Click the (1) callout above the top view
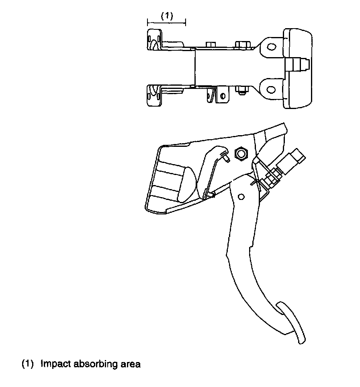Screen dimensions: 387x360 pyautogui.click(x=167, y=16)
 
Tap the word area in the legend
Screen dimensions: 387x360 pyautogui.click(x=130, y=364)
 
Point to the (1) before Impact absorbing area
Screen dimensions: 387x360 pyautogui.click(x=28, y=364)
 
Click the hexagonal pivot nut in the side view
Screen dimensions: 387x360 pyautogui.click(x=241, y=153)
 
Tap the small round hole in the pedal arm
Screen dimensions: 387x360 pyautogui.click(x=241, y=196)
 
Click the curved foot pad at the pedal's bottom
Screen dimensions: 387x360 pyautogui.click(x=294, y=322)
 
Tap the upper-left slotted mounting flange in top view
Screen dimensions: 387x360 pyautogui.click(x=154, y=40)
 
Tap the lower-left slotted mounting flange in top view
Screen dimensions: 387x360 pyautogui.click(x=154, y=95)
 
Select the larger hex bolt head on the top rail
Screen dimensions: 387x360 pyautogui.click(x=241, y=44)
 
